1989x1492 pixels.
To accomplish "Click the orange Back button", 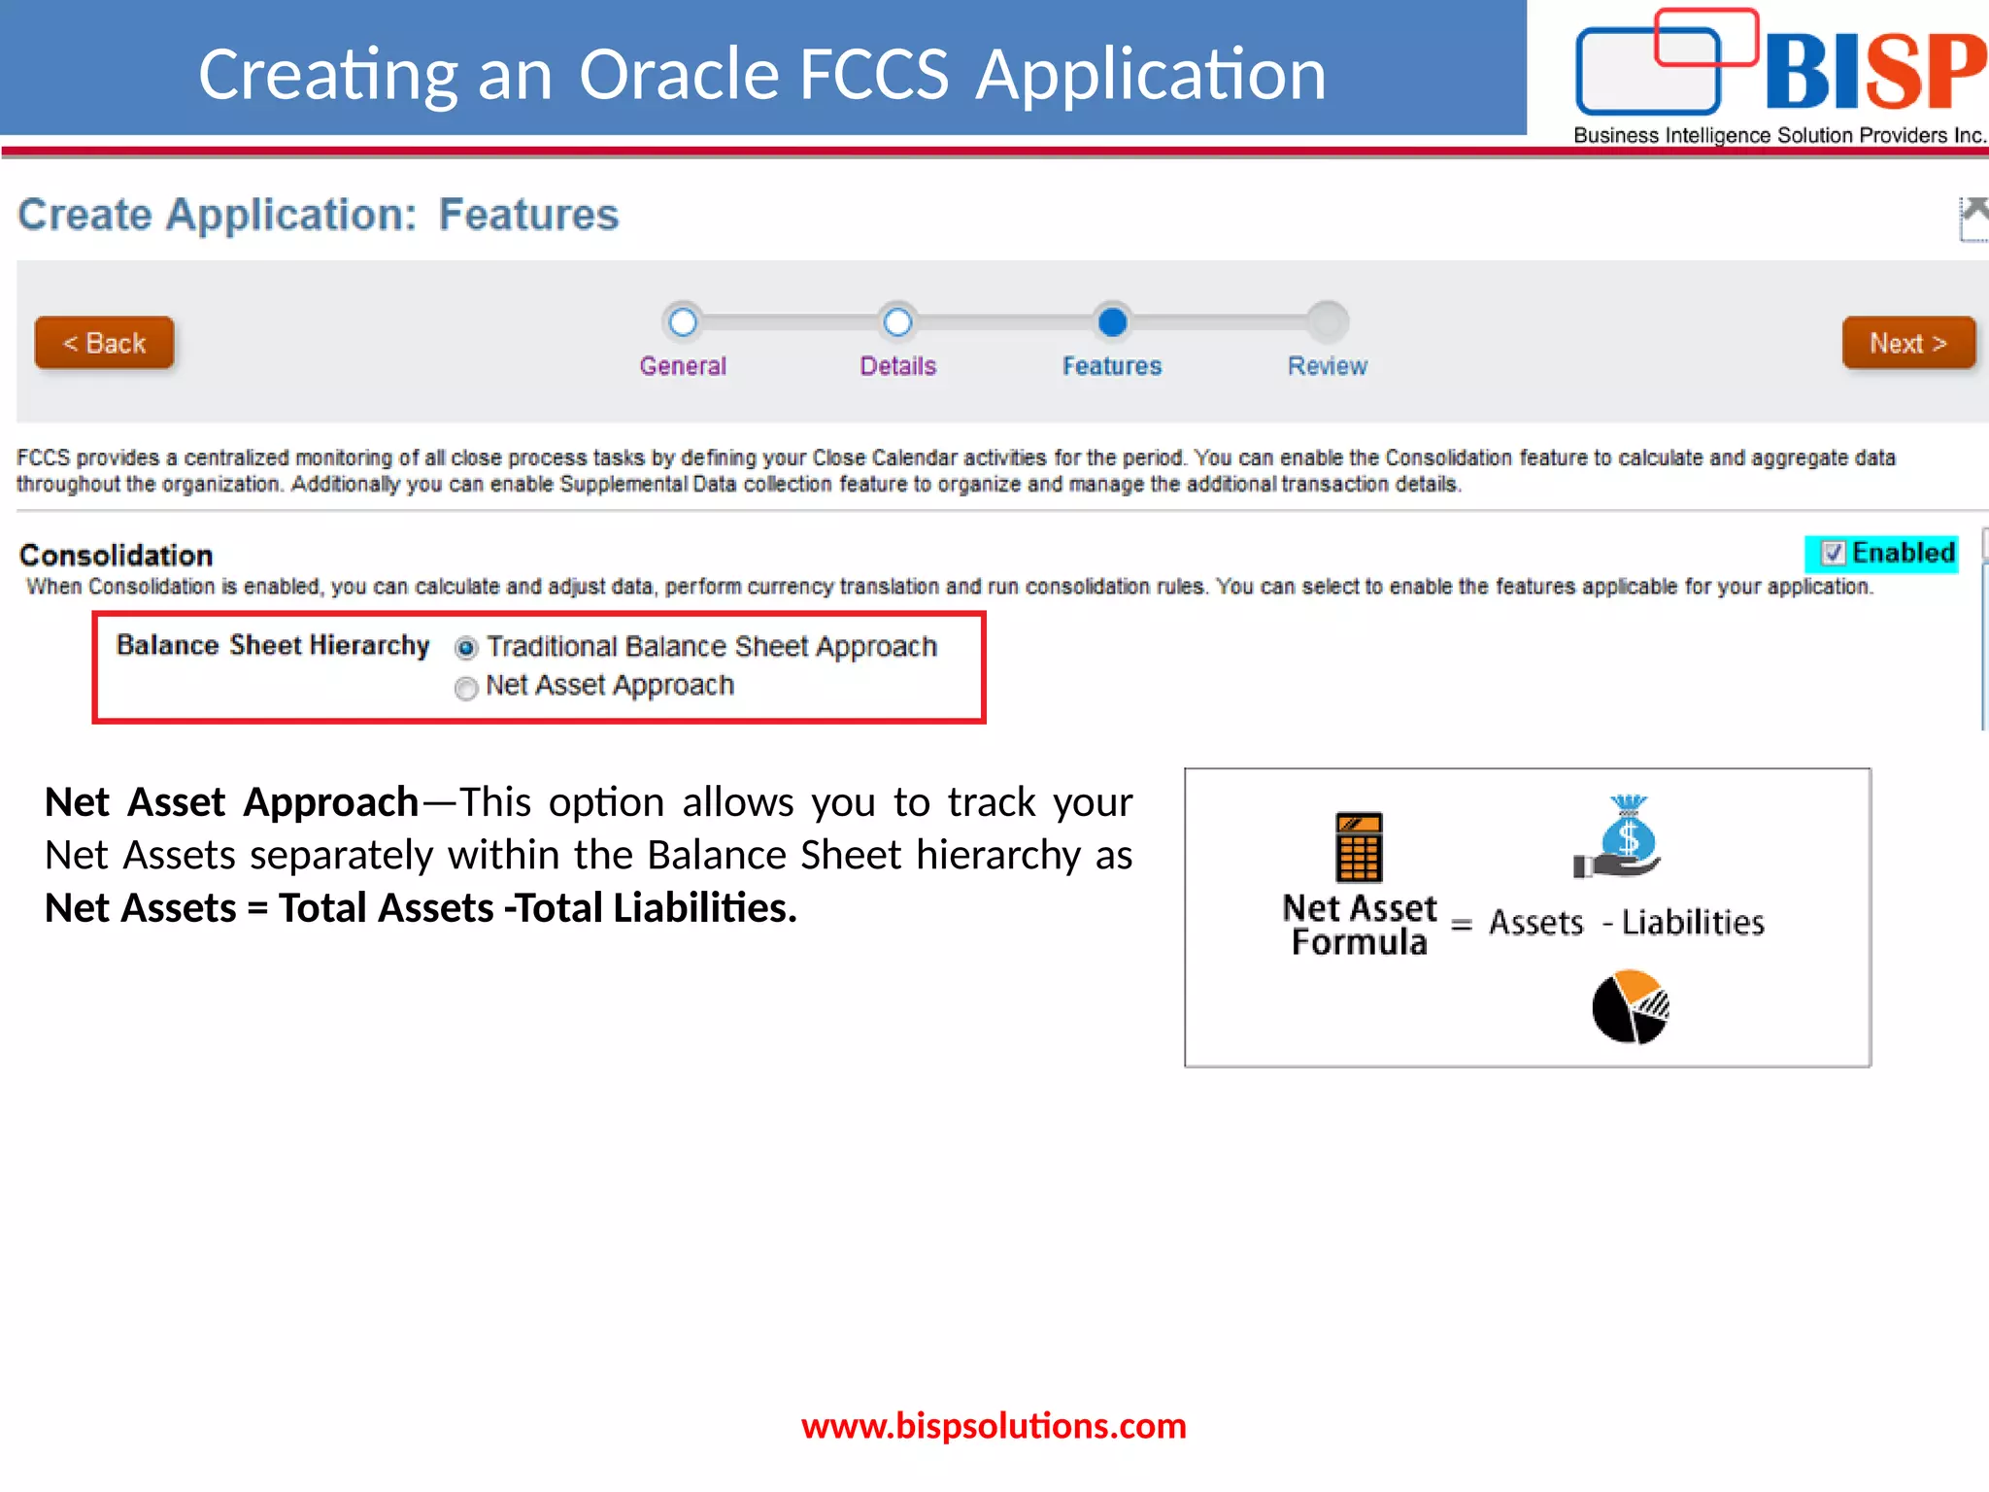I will point(105,343).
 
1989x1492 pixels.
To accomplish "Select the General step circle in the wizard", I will point(683,322).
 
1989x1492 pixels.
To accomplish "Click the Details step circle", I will point(897,322).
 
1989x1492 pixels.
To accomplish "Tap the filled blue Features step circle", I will point(1112,322).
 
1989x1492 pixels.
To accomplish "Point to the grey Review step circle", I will point(1327,322).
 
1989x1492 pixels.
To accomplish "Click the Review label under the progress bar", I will point(1327,366).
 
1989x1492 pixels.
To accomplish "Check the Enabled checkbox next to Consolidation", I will point(1833,554).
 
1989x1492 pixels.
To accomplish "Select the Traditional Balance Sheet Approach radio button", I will point(466,648).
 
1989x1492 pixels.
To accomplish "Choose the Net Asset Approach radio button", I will point(466,688).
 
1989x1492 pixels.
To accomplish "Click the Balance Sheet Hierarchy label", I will point(272,646).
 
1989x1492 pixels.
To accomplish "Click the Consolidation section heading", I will point(117,556).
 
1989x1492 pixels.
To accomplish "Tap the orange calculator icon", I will point(1359,846).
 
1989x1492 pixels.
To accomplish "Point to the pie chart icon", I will point(1631,1007).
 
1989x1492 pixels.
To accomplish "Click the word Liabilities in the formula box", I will point(1693,922).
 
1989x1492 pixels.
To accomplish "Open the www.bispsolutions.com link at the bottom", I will point(994,1426).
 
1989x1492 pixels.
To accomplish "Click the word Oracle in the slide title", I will point(680,75).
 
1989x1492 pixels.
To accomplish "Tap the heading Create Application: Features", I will point(318,215).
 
